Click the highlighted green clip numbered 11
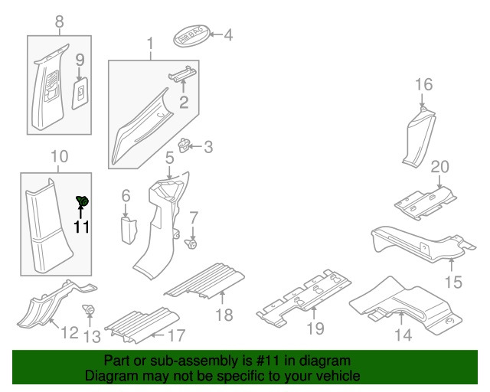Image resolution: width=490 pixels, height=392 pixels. coord(83,201)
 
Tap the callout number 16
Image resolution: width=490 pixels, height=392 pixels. coord(424,84)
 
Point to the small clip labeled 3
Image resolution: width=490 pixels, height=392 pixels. coord(185,144)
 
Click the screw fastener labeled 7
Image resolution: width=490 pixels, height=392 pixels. coord(192,244)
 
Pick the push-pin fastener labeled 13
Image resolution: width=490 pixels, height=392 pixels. coord(90,310)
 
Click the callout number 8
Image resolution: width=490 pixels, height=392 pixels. coord(59,23)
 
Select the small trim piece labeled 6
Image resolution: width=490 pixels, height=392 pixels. coord(127,229)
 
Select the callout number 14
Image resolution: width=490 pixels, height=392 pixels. coord(403,334)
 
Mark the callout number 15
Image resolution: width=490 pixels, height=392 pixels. coord(453,283)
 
